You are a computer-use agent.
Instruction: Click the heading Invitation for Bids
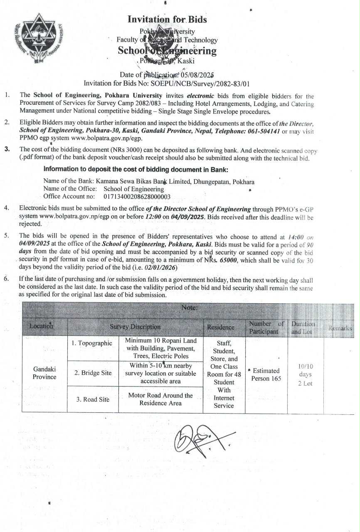tap(167, 20)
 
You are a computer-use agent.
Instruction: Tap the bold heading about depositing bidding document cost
tap(136, 170)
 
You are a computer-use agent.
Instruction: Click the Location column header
tap(42, 327)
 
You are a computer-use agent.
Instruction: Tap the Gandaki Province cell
tap(44, 373)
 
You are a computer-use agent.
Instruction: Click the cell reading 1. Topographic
tap(91, 343)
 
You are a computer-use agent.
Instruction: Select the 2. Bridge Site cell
tap(93, 373)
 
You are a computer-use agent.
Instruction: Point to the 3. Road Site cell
tap(92, 399)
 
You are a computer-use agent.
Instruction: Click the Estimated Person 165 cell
tap(266, 374)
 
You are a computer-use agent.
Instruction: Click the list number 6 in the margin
tap(7, 279)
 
